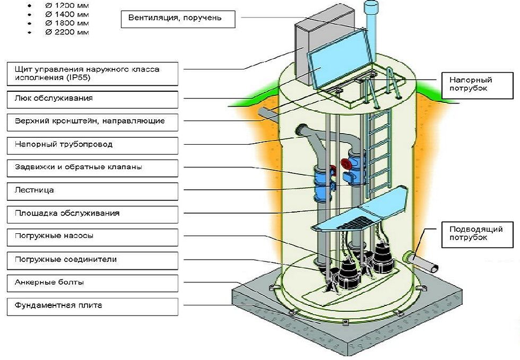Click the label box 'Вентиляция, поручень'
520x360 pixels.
click(178, 19)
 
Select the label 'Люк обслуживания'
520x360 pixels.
click(92, 100)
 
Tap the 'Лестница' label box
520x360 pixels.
click(92, 191)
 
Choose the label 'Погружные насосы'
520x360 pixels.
click(92, 238)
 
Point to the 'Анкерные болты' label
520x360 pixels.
click(92, 284)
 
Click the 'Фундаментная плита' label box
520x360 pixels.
click(92, 306)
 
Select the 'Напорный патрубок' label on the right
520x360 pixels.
click(477, 85)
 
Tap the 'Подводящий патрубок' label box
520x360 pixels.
click(477, 234)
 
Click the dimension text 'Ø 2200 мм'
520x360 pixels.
click(67, 32)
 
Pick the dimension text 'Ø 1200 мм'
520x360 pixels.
click(67, 5)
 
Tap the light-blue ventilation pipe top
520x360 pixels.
click(371, 7)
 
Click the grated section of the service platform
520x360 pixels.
click(353, 223)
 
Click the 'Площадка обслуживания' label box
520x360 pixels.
click(92, 215)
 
